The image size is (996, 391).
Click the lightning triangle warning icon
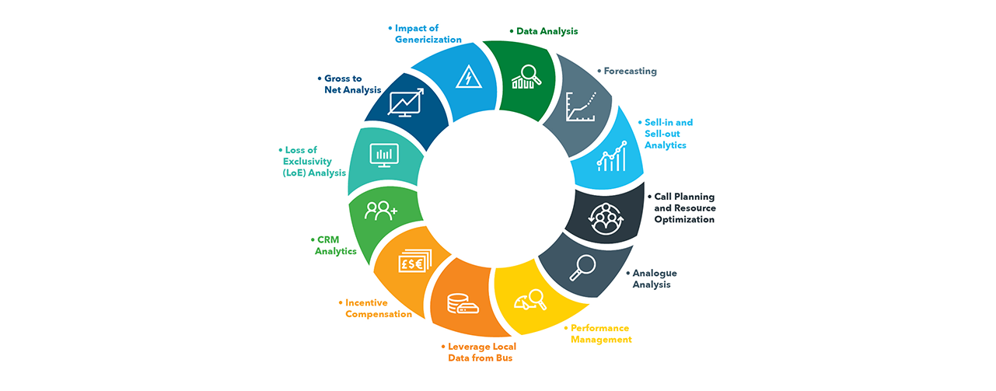(x=469, y=77)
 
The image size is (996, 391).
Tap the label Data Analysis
(x=543, y=31)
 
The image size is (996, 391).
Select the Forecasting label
(x=627, y=71)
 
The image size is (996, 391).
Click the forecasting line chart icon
(x=581, y=106)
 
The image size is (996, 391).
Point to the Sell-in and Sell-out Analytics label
(x=666, y=134)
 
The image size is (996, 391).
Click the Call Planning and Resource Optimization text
(x=682, y=208)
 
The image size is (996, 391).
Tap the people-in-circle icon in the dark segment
(x=606, y=218)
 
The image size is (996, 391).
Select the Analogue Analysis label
(x=652, y=278)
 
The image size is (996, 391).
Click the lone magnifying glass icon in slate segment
(x=582, y=267)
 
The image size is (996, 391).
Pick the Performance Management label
(x=598, y=333)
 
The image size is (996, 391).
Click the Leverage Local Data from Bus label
(x=479, y=352)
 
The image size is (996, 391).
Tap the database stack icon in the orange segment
(x=463, y=303)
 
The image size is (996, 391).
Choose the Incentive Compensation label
(x=376, y=309)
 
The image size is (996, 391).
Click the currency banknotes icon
(x=415, y=261)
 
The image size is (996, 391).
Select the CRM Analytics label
(x=334, y=246)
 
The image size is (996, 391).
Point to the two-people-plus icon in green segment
(x=381, y=211)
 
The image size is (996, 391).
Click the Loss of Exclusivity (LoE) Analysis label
(x=312, y=161)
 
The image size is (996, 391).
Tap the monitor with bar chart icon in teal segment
(x=384, y=155)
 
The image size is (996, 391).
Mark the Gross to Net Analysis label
(x=349, y=84)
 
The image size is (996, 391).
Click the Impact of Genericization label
(x=425, y=33)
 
